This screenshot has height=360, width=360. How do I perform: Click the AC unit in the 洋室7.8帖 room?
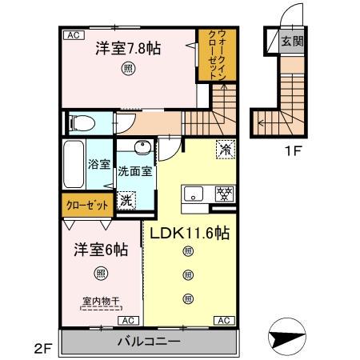tap(74, 35)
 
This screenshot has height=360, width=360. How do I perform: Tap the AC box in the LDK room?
tap(224, 321)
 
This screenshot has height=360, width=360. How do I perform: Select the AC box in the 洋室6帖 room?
tap(128, 321)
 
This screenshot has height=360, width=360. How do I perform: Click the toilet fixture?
tap(82, 123)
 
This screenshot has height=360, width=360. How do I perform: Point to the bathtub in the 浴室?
tap(74, 164)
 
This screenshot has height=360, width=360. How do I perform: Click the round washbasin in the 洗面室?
tap(142, 147)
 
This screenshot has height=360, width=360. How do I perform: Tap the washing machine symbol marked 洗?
tap(126, 201)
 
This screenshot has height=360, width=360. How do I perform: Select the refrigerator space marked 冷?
tap(226, 150)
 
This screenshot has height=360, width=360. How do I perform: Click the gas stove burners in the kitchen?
tap(225, 194)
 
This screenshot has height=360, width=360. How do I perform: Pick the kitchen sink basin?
tap(194, 194)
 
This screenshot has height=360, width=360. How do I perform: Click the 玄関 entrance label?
tap(293, 41)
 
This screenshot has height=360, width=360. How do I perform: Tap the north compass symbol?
tap(286, 337)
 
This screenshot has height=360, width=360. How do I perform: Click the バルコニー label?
tap(149, 342)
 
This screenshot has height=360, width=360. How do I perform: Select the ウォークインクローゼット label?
tap(218, 54)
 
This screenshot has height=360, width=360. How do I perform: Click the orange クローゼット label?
tap(87, 206)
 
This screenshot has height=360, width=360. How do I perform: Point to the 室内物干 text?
tap(101, 302)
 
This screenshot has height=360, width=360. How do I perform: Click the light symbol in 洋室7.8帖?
tap(128, 69)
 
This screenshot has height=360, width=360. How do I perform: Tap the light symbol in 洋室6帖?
tap(101, 274)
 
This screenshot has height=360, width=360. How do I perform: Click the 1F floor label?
tap(294, 151)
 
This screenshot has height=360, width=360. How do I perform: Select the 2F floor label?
tap(42, 349)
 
